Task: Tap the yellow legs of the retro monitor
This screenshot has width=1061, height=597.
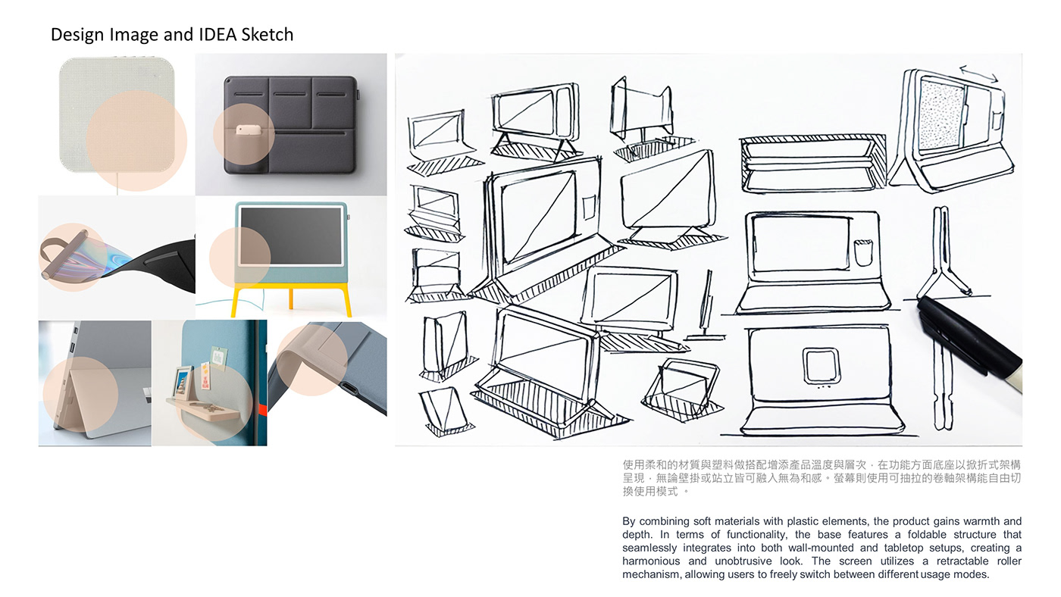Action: pyautogui.click(x=291, y=299)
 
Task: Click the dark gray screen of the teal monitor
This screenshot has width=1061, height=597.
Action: pyautogui.click(x=291, y=235)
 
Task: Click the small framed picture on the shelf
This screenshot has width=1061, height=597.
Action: pyautogui.click(x=183, y=379)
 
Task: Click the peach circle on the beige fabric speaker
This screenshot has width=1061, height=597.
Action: pyautogui.click(x=136, y=140)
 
